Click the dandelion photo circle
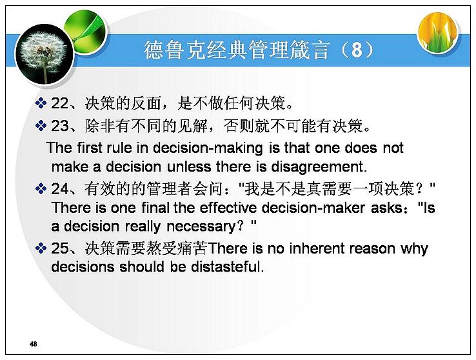[45, 55]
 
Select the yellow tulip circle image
[437, 32]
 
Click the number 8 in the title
[357, 50]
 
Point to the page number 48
[34, 344]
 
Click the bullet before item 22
[41, 103]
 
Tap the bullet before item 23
[41, 126]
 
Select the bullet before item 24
[41, 188]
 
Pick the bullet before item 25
[41, 248]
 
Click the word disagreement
[319, 167]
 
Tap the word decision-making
[208, 148]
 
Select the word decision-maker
[313, 208]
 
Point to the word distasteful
[228, 267]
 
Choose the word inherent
[317, 248]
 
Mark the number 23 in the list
[60, 126]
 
